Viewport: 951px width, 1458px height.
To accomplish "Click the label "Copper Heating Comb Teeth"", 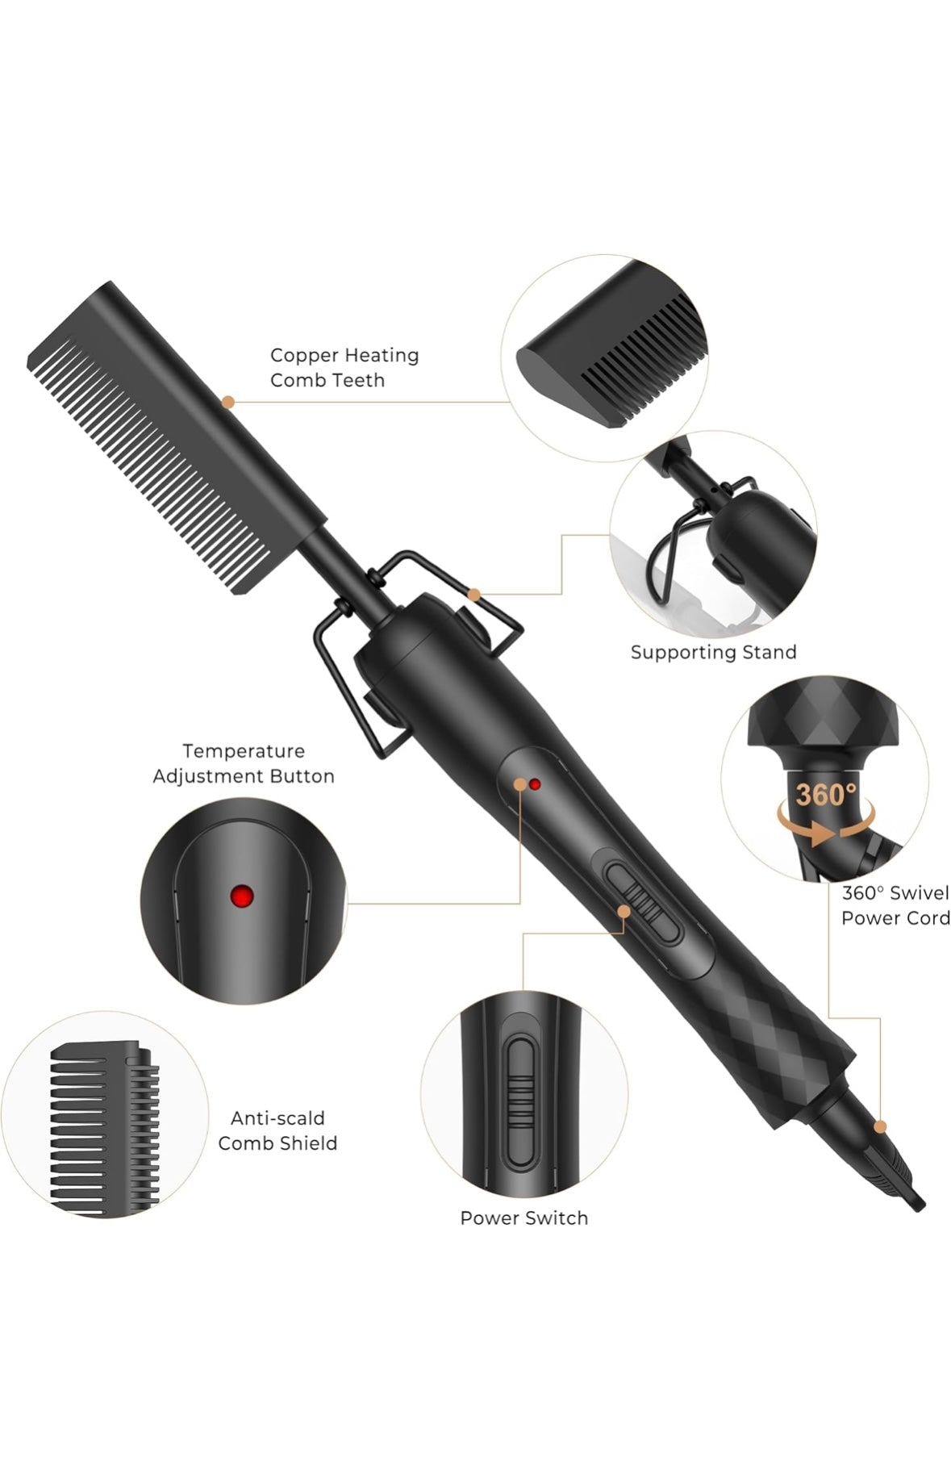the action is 344,367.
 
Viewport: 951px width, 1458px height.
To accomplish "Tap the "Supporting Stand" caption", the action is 713,652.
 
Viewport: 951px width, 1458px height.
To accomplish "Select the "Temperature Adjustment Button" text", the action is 244,763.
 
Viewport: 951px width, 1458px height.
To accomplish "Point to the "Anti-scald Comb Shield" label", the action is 277,1130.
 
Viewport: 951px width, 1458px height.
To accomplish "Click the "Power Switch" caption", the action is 524,1218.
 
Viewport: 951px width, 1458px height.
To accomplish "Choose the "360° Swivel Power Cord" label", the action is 895,905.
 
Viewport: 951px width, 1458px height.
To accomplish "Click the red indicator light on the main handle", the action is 534,783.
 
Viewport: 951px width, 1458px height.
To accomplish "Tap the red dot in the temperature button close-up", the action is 242,895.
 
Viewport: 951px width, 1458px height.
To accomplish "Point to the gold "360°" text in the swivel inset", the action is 827,794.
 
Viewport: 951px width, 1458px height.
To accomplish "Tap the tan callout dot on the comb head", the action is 228,401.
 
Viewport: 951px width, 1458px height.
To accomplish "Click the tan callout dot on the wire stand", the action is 474,595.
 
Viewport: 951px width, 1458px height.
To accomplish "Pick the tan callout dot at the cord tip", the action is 880,1126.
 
